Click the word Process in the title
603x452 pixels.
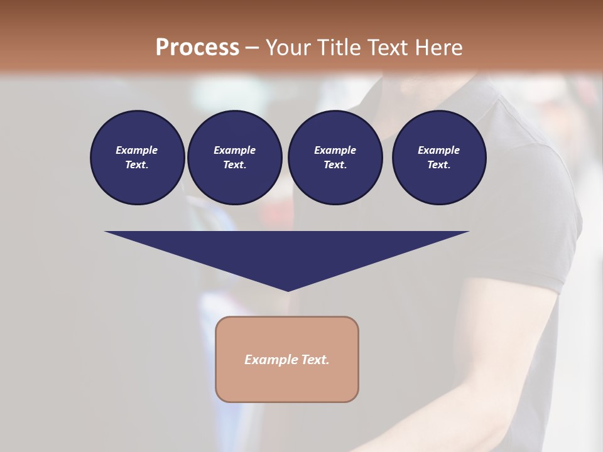pos(197,48)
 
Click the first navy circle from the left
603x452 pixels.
pos(137,157)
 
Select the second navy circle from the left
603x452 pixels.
pos(234,157)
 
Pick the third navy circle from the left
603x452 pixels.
pos(335,157)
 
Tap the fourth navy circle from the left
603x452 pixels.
pos(439,157)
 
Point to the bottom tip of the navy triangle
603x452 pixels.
pos(288,289)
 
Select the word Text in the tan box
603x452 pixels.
pos(315,360)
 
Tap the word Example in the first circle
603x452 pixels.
pos(137,150)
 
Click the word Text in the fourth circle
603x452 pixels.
pos(438,164)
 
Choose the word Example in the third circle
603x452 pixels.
pos(335,150)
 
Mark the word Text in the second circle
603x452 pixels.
pos(234,164)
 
